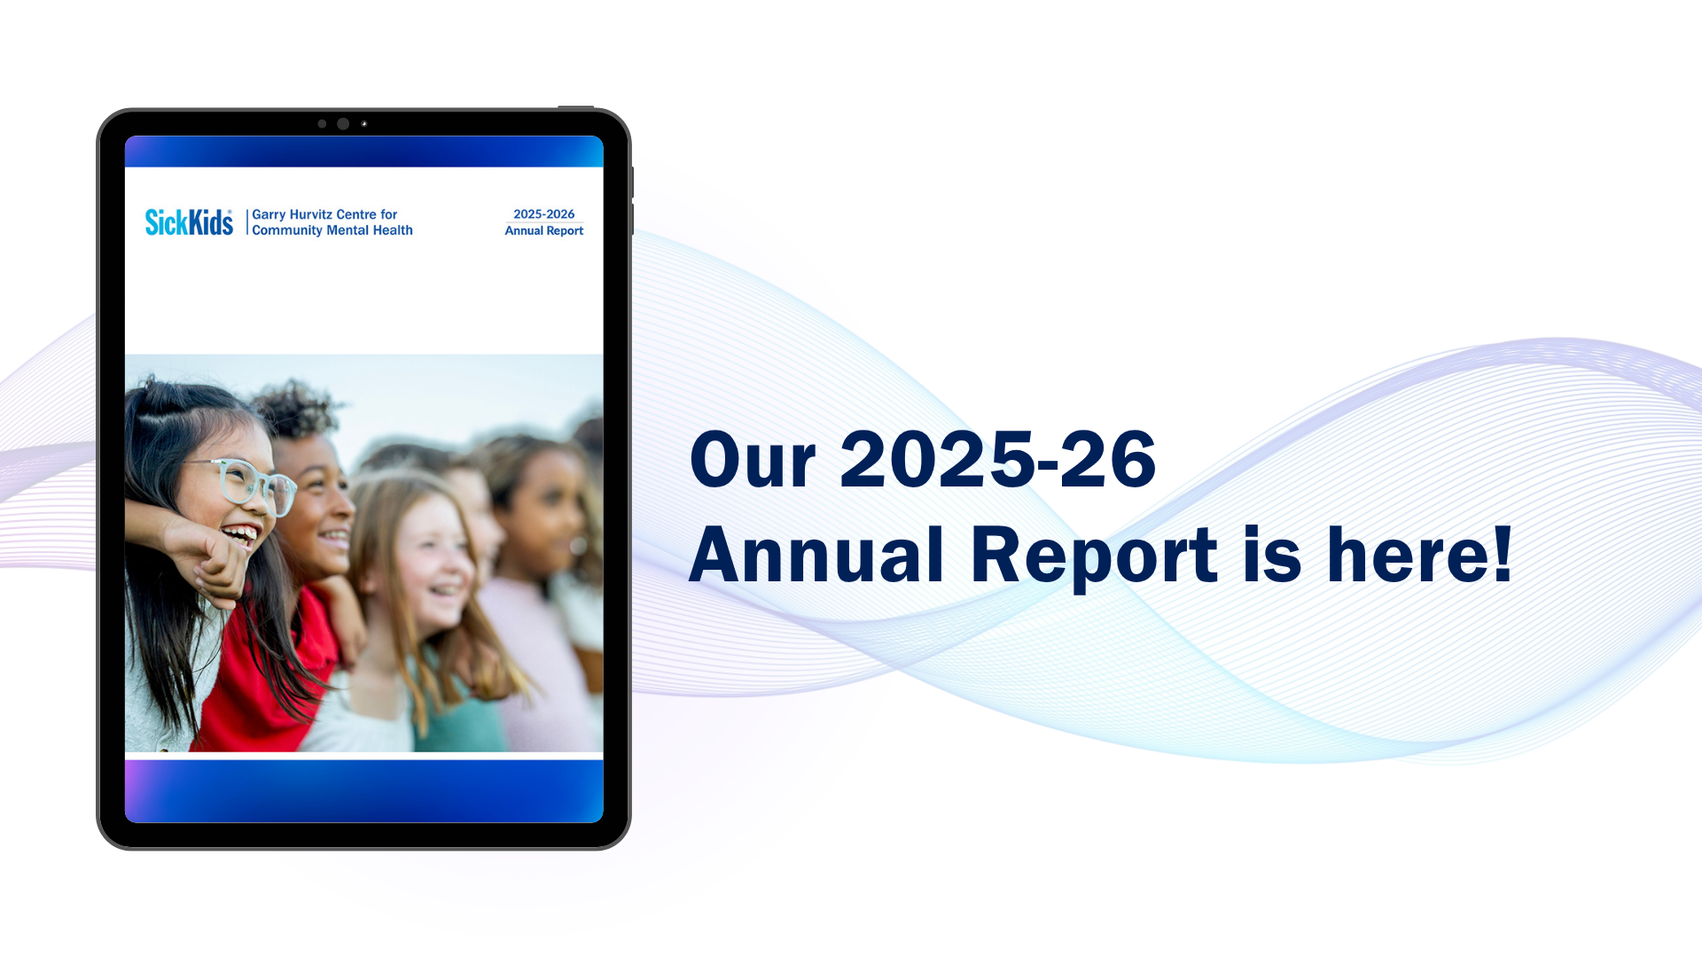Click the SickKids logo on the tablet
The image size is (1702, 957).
coord(189,222)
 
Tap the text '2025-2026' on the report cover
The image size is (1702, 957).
coord(543,214)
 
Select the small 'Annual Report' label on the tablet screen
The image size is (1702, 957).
coord(543,230)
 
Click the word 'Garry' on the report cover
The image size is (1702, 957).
coord(269,214)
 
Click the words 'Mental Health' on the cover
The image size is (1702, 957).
coord(370,230)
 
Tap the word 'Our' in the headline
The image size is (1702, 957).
coord(753,460)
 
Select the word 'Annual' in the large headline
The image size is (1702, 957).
coord(816,555)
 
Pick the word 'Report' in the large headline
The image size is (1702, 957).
coord(1094,558)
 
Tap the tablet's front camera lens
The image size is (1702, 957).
coord(343,124)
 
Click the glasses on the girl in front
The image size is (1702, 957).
coord(244,483)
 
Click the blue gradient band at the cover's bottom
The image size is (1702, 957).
coord(364,791)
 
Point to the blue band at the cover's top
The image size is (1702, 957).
coord(364,152)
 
